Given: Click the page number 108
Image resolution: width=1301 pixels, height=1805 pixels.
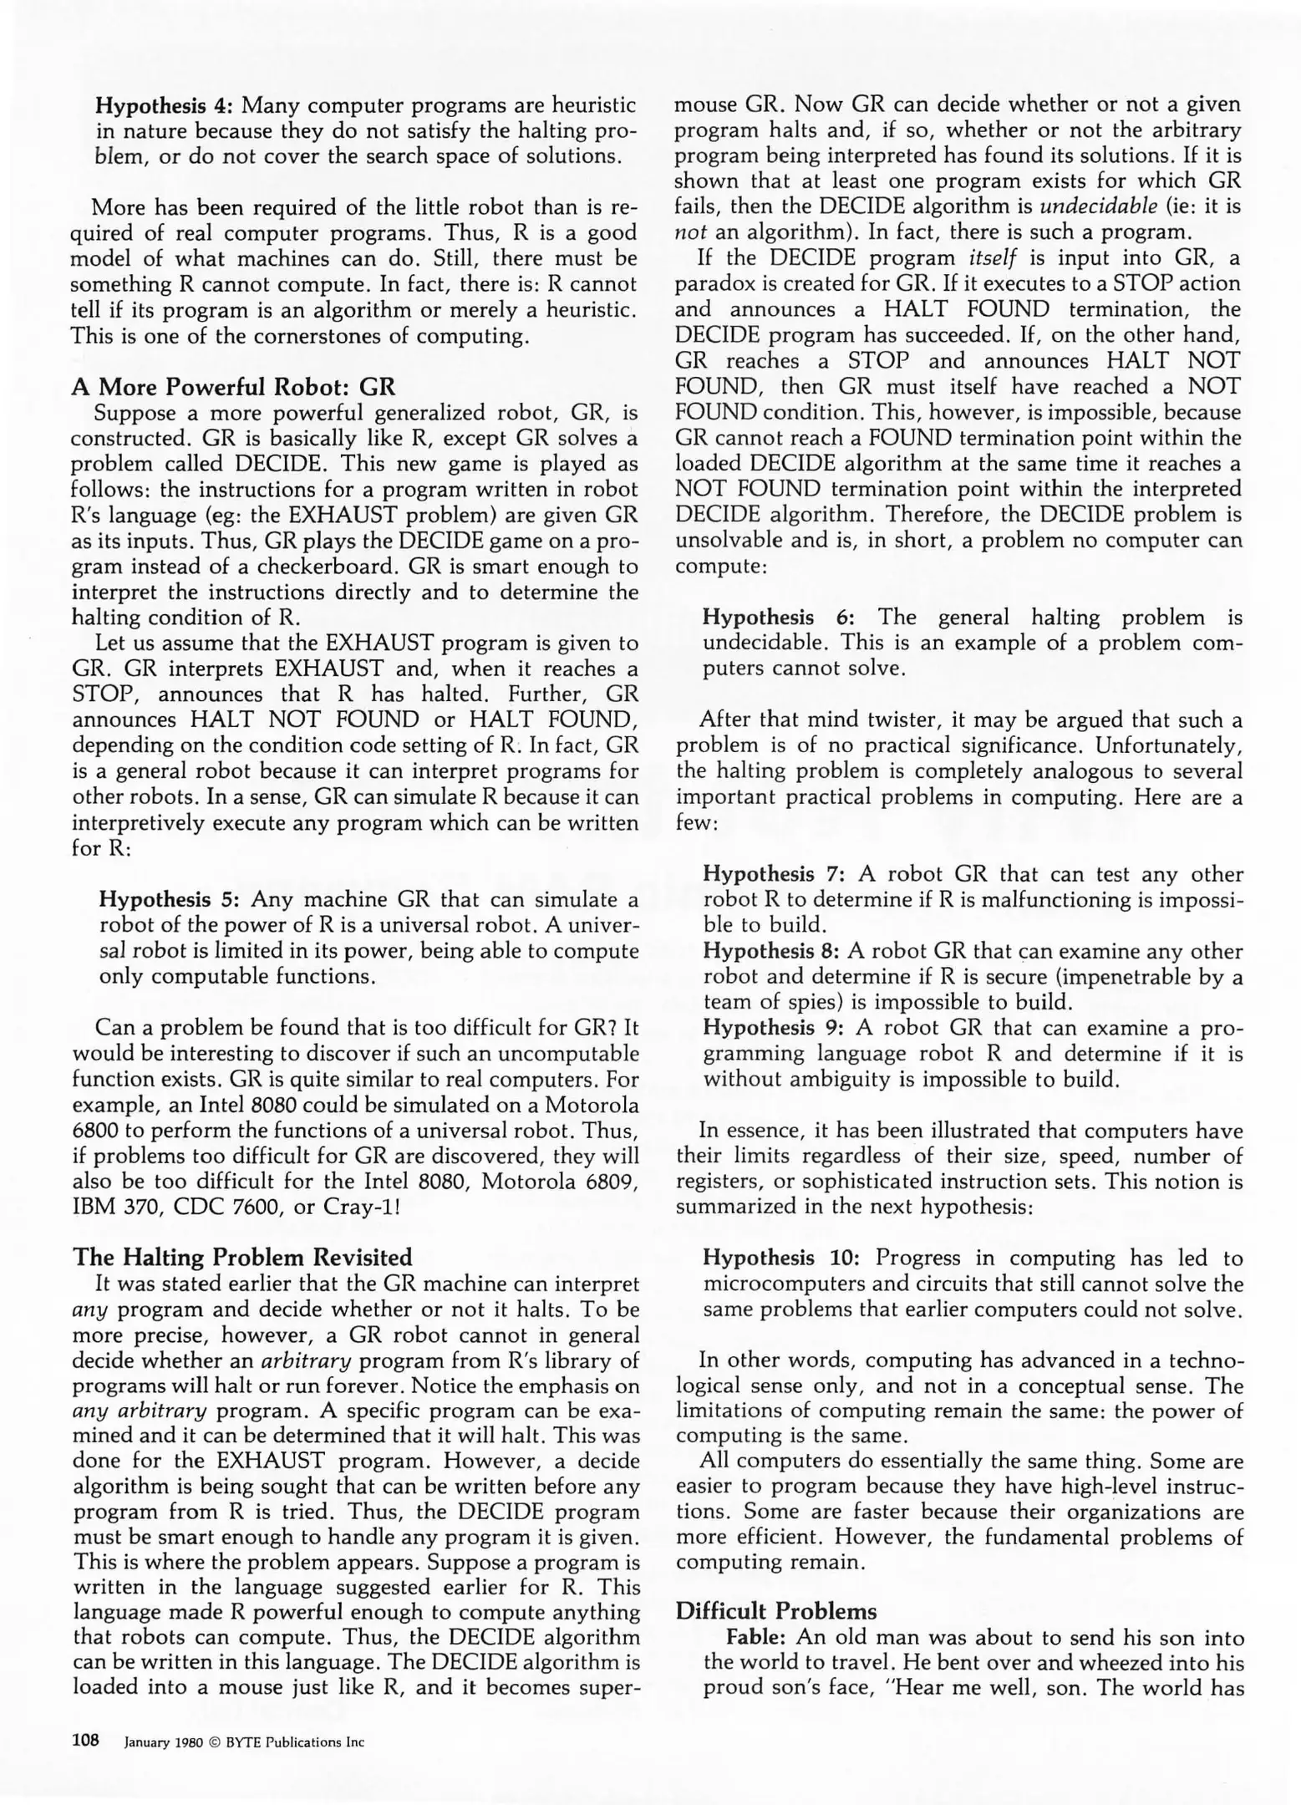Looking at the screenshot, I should (86, 1740).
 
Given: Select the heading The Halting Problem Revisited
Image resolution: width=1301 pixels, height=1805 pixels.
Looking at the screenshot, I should (242, 1258).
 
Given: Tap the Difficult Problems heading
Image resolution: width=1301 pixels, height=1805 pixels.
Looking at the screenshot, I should (776, 1611).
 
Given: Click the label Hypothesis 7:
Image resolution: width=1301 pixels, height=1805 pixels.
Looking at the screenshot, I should (775, 874).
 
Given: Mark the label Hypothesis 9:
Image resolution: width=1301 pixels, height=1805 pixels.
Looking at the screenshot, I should (775, 1028).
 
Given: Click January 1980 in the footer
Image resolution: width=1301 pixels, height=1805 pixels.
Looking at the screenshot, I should (164, 1742).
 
